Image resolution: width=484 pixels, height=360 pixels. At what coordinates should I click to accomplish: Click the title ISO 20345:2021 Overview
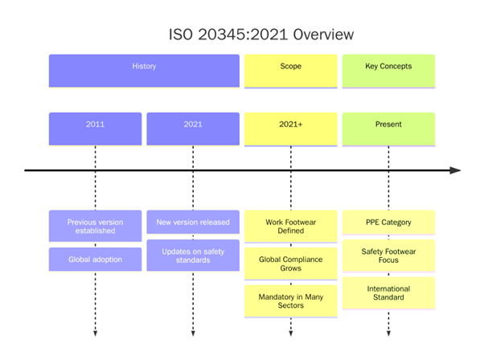[261, 35]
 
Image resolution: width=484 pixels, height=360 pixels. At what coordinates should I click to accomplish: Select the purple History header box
[144, 70]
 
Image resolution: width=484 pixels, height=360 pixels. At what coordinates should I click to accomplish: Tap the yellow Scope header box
[290, 70]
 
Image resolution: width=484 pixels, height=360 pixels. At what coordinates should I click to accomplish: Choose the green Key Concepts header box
[388, 70]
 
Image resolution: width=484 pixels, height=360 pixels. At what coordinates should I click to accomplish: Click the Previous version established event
[95, 226]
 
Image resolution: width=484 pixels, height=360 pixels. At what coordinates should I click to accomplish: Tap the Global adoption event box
[95, 259]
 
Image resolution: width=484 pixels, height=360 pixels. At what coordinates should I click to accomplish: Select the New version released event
[193, 222]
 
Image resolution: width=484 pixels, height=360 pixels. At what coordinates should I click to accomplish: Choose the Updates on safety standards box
[193, 255]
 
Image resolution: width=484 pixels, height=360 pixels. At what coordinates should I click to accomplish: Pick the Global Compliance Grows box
[290, 264]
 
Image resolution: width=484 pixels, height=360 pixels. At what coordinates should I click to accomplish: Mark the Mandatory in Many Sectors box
[290, 301]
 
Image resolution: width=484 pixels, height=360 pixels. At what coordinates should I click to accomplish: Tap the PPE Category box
[388, 222]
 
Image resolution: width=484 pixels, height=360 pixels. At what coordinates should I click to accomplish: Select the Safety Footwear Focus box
[388, 256]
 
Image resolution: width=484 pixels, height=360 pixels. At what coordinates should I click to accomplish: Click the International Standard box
[388, 293]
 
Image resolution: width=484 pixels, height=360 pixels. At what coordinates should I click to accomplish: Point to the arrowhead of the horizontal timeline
[455, 170]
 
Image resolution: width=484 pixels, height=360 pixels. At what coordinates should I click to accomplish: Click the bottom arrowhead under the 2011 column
[95, 332]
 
